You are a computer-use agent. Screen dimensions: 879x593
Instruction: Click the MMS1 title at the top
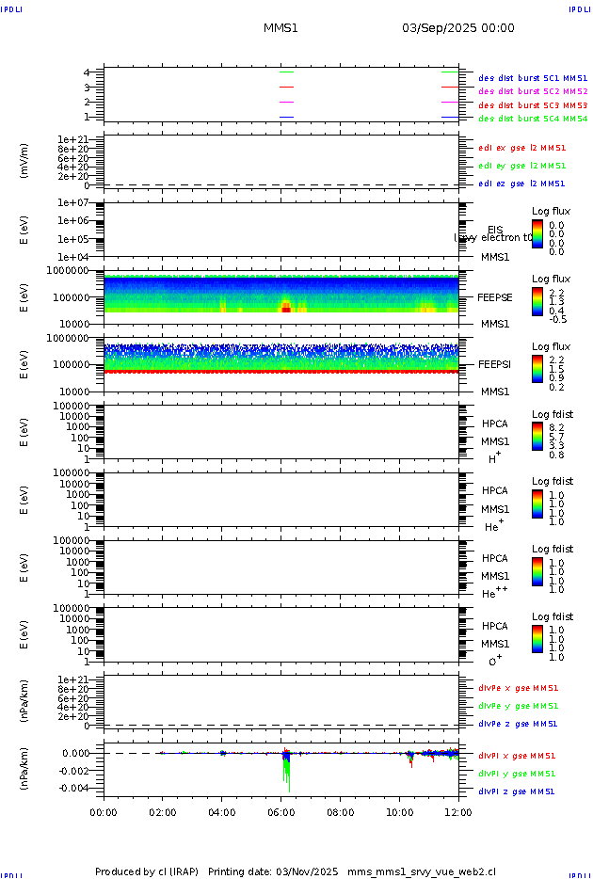tap(280, 28)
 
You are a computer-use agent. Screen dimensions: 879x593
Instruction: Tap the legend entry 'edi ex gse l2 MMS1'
tap(522, 148)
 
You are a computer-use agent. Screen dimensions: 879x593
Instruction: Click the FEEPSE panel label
tap(495, 297)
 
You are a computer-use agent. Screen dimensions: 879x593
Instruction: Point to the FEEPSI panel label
tap(495, 364)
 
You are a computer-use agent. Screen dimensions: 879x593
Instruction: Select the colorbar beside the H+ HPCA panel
tap(537, 436)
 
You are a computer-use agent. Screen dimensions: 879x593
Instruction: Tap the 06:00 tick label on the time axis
tap(281, 812)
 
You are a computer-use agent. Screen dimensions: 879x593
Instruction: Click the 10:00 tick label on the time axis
tap(400, 812)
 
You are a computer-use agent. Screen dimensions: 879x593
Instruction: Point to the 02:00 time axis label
tap(163, 812)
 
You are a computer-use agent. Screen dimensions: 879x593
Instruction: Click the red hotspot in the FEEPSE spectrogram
tap(286, 309)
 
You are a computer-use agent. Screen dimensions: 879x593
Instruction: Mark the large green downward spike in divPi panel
tap(287, 776)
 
